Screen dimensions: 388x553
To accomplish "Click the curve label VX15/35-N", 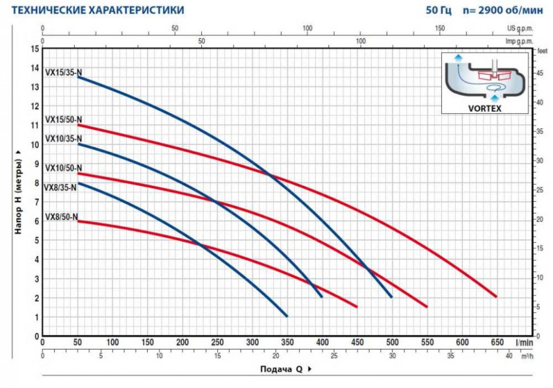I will click(x=64, y=73).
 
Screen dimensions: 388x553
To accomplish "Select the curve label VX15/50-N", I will click(x=64, y=120).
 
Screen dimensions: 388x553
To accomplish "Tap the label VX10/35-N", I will click(x=64, y=139).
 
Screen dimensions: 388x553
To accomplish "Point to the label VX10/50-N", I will click(x=64, y=168).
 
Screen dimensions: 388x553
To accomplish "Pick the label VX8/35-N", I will click(x=60, y=187).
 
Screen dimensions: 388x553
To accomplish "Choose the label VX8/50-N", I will click(x=62, y=217).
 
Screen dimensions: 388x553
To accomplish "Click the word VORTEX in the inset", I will click(x=485, y=108).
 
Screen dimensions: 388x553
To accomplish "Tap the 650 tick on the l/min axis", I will click(x=497, y=342).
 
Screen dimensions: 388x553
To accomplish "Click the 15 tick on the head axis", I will click(x=35, y=49).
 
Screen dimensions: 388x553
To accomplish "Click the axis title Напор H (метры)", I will click(x=18, y=192).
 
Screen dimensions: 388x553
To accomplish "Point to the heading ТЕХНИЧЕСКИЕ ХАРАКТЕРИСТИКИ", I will click(x=98, y=10).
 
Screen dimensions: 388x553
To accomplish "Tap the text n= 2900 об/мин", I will click(x=503, y=10).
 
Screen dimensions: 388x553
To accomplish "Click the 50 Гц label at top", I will click(x=439, y=10).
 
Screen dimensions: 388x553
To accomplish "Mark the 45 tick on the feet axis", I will click(x=539, y=73).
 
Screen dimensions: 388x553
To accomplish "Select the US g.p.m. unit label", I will click(x=520, y=28).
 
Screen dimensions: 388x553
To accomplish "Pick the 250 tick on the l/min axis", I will click(x=217, y=342).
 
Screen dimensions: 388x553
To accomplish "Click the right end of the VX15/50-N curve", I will click(x=496, y=296).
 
